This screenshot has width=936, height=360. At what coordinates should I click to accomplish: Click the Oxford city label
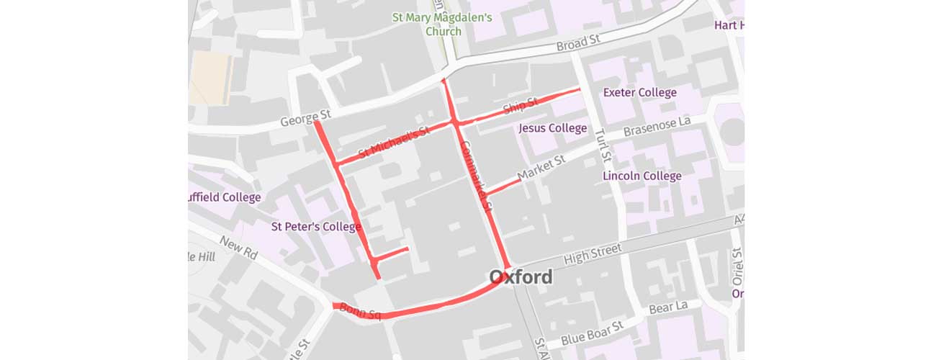521,277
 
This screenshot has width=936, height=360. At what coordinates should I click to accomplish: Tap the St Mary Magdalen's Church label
442,24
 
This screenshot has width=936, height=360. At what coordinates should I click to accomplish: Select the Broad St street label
578,45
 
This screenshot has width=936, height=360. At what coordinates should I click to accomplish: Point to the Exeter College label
639,92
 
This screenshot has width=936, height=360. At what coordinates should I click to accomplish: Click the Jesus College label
553,128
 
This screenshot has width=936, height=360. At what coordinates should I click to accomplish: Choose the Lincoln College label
642,176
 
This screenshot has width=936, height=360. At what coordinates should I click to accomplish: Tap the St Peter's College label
315,227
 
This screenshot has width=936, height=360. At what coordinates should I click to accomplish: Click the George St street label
305,117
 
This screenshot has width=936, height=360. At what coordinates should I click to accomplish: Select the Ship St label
521,107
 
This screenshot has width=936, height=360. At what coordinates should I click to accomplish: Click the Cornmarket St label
475,176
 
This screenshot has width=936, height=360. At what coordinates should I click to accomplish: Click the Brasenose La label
657,126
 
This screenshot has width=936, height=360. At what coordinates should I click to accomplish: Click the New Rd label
239,248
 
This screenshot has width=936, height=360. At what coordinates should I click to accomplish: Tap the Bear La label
669,308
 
